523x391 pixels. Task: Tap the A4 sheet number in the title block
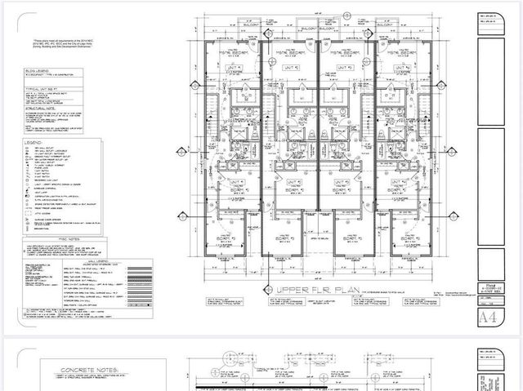[x=488, y=316]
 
